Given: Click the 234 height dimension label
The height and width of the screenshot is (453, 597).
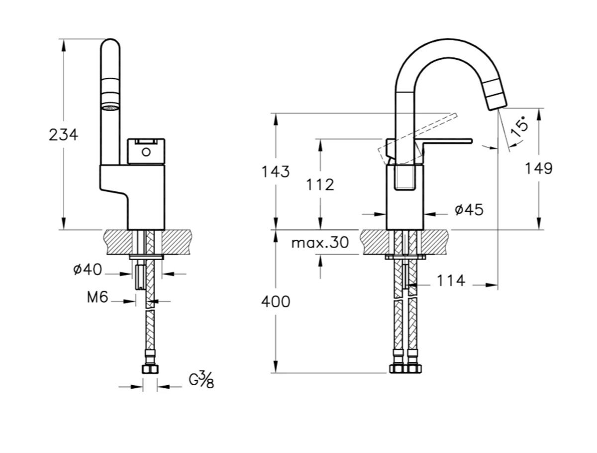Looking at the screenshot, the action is pos(63,135).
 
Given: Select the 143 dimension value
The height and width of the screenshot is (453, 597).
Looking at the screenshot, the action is pos(275,171).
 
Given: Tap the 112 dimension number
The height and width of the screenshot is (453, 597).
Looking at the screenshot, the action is pos(320,185).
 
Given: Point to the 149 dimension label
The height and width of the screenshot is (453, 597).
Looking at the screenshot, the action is pos(538,168).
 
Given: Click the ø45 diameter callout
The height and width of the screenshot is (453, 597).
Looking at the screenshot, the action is pos(469,210).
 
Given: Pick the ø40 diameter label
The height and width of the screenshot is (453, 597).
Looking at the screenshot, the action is pos(87,270).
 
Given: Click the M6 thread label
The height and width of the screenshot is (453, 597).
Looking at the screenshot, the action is pos(98,297).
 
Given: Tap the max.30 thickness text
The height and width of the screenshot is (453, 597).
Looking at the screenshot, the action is pos(319,242).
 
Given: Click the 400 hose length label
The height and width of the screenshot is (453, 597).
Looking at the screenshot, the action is pos(276,302).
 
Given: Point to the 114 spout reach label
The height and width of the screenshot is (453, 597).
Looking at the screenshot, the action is pos(451,281).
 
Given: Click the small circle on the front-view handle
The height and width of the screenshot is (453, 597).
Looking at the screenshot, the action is pos(146,152).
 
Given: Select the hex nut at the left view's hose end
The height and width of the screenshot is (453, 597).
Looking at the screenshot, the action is pos(150,369).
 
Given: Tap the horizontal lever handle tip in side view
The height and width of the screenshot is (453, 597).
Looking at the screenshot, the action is pos(471,141).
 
